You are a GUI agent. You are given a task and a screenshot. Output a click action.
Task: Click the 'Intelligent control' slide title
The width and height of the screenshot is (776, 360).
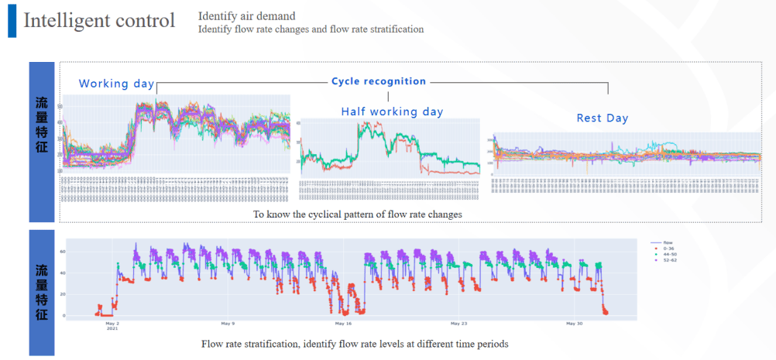pos(99,20)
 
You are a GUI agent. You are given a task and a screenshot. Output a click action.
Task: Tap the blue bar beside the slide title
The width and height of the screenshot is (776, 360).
pos(12,20)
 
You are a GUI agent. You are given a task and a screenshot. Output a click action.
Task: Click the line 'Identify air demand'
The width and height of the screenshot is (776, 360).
pos(246,15)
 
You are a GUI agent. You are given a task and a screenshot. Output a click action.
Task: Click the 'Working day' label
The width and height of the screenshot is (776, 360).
pos(116,84)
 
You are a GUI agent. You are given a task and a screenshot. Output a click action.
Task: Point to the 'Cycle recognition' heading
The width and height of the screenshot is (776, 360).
pos(379,81)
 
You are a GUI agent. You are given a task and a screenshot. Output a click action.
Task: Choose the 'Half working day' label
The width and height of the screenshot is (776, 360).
pos(392,111)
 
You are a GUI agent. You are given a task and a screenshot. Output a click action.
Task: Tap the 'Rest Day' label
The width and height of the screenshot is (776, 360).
pos(602,118)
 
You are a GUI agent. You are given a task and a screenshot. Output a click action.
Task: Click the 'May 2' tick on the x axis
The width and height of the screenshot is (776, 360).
pos(112,324)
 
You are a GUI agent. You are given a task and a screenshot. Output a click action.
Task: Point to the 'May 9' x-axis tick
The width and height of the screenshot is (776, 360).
pos(227,324)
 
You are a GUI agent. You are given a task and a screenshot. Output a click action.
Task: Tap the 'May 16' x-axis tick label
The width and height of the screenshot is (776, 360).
pos(343,324)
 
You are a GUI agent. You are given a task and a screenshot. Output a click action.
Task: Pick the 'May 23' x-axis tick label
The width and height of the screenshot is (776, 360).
pos(458,324)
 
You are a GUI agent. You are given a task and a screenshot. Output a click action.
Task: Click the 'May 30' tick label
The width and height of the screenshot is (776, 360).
pos(574,324)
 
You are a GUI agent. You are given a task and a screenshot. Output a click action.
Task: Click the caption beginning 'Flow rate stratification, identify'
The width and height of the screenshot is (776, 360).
pos(355,343)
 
